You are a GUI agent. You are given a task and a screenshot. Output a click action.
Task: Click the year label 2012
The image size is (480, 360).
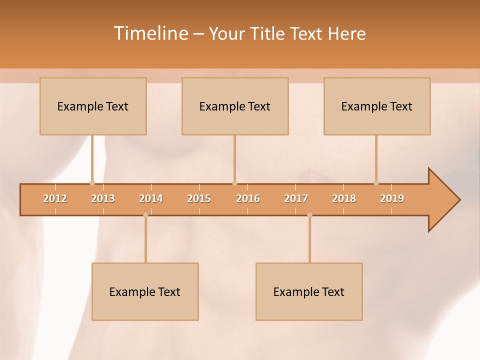(x=55, y=198)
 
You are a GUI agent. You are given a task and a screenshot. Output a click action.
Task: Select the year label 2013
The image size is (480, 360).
(x=103, y=198)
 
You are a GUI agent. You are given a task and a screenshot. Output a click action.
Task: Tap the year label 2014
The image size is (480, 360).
(x=151, y=198)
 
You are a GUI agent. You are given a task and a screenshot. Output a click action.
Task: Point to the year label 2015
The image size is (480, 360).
(x=199, y=198)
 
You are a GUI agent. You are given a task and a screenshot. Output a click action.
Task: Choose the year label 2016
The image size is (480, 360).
(x=248, y=198)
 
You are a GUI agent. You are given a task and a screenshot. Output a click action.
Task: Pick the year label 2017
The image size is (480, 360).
(x=296, y=198)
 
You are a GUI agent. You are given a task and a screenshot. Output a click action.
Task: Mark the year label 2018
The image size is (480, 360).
(x=344, y=198)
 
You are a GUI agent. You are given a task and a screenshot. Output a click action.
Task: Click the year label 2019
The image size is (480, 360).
(x=392, y=198)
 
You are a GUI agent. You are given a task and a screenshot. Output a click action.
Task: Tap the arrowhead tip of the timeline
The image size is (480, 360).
(x=458, y=200)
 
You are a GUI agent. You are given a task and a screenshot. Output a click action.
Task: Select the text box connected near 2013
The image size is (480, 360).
(x=93, y=106)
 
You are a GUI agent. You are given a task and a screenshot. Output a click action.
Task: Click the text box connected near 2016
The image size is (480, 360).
(x=235, y=106)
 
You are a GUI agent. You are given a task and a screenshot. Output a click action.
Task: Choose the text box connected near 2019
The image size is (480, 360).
(x=377, y=106)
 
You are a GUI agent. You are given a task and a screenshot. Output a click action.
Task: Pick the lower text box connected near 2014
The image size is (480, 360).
(x=145, y=291)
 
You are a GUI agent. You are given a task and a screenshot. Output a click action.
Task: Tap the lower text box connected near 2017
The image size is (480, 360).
(x=309, y=291)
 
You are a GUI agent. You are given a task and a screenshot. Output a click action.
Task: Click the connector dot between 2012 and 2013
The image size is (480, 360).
(x=92, y=183)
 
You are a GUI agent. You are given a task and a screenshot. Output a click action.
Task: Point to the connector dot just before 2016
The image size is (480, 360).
(x=234, y=183)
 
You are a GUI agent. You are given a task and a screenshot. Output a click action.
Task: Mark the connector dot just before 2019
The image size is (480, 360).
(x=376, y=183)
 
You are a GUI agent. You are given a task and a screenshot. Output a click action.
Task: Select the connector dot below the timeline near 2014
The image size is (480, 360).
(x=145, y=215)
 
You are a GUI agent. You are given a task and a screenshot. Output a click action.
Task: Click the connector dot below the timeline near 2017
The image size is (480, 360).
(x=309, y=215)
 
